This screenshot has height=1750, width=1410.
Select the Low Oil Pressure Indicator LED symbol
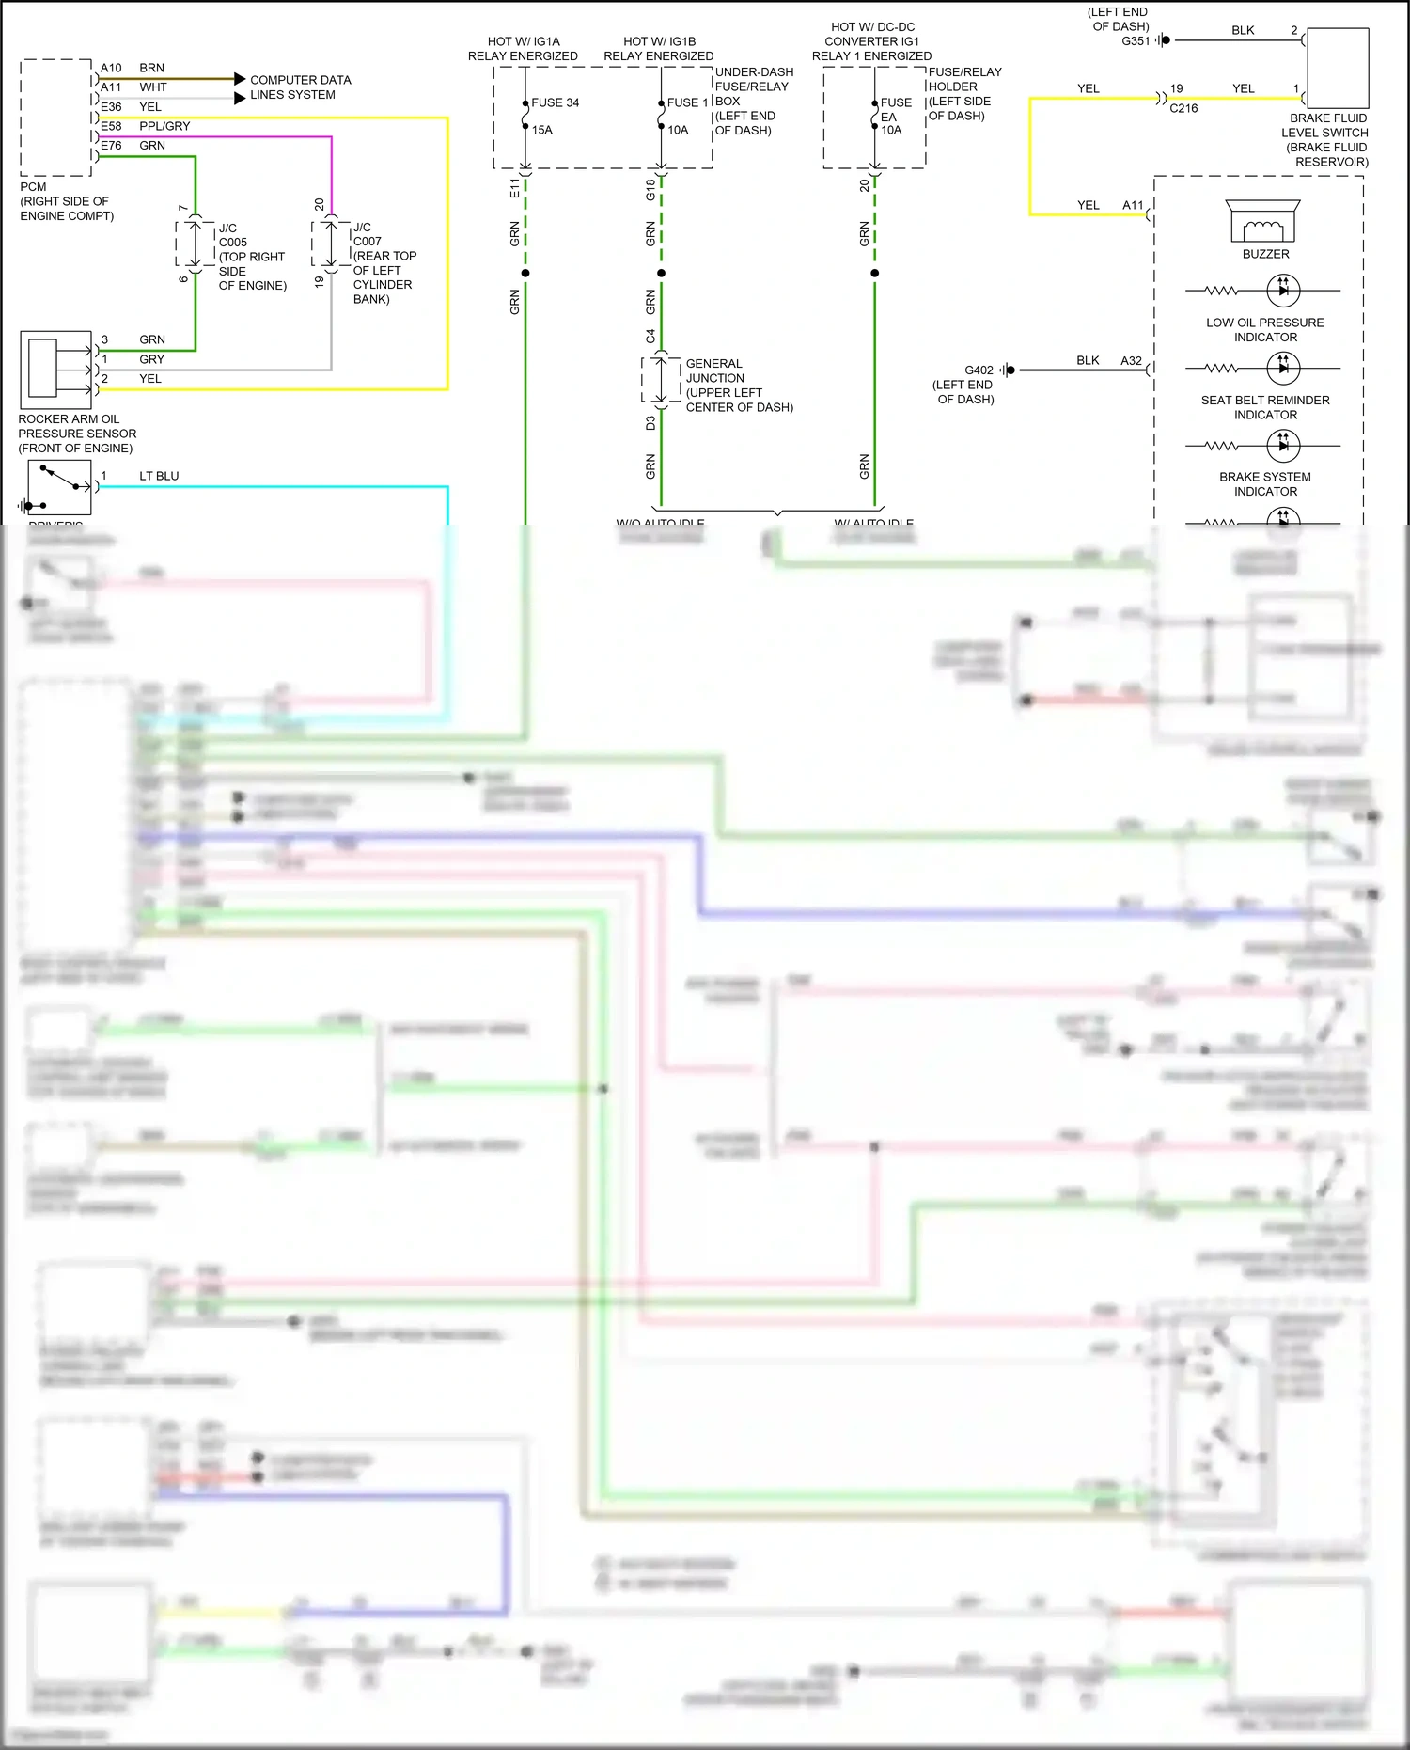1283,291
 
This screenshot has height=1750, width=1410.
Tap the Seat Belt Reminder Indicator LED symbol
1283,368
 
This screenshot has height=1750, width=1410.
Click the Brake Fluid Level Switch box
1337,69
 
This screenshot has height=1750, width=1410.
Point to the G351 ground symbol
1163,40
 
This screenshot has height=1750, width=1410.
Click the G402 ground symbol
1007,370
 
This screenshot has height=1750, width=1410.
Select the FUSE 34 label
555,102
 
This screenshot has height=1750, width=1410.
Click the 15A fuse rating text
542,130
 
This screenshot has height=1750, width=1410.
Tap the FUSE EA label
895,109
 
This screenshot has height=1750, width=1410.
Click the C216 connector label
1183,108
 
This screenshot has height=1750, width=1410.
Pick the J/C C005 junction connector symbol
196,244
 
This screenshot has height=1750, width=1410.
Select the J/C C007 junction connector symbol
331,244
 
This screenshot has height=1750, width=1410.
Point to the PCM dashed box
56,118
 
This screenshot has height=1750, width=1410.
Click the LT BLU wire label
159,476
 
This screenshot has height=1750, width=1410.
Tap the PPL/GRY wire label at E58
164,126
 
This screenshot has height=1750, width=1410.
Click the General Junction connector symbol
661,379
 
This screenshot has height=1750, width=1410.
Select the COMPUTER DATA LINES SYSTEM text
300,87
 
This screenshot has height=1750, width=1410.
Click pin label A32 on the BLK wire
1131,360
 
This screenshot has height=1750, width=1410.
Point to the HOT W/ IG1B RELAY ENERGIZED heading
658,49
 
